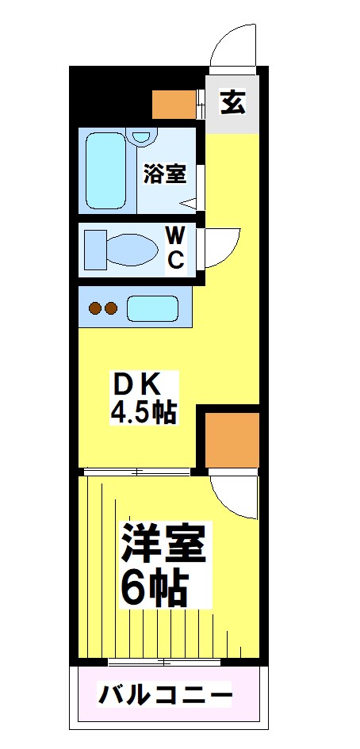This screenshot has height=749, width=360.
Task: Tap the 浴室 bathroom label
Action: (164, 174)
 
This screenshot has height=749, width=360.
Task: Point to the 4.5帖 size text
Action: (143, 414)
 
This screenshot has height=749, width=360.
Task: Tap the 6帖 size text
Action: (155, 587)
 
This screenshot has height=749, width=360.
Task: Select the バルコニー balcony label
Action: (166, 696)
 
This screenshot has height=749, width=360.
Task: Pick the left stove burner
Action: (94, 308)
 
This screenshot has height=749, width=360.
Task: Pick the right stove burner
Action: (112, 308)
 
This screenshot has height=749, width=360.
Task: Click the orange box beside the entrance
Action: (174, 103)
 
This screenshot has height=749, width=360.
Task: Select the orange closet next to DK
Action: (232, 440)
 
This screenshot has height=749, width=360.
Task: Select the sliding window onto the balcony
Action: (163, 661)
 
